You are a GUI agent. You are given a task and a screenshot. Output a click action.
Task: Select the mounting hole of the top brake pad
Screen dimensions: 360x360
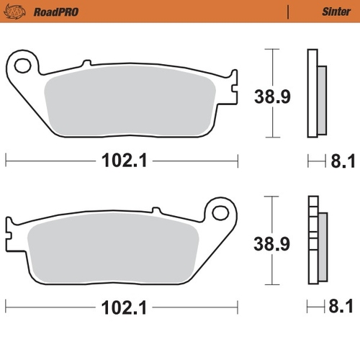tap(22, 66)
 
